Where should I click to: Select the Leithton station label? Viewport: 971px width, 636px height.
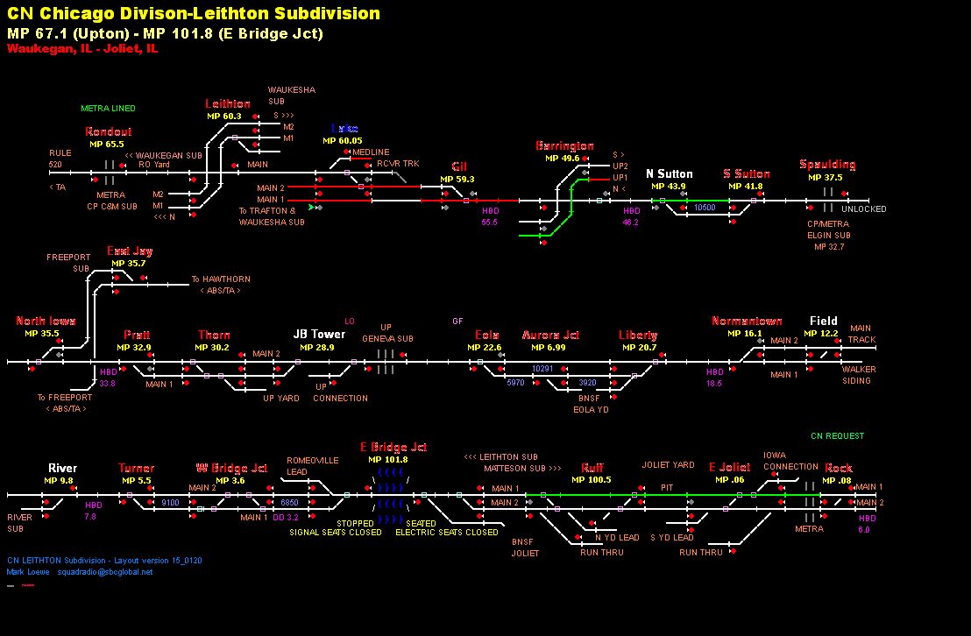(228, 104)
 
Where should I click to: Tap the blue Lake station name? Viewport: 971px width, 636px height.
(344, 129)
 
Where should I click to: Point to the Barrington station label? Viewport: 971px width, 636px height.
(564, 146)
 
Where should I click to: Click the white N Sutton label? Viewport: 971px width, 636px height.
(670, 173)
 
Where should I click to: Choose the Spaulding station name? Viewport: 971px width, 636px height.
(827, 165)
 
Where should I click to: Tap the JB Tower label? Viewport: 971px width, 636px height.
(319, 335)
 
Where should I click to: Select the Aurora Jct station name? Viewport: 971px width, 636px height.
(550, 336)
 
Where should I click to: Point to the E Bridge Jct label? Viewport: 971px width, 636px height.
(393, 447)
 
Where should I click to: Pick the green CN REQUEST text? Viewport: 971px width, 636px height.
(837, 435)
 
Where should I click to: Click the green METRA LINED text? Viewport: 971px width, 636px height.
(108, 109)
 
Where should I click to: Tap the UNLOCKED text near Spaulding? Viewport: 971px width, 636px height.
(863, 209)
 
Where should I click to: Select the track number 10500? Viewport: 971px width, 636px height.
(705, 208)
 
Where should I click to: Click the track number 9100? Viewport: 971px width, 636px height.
(170, 503)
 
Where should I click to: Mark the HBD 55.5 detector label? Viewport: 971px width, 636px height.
(489, 216)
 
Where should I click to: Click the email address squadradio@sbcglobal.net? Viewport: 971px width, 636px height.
(105, 572)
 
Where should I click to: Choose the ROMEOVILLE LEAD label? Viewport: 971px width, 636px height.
(307, 465)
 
